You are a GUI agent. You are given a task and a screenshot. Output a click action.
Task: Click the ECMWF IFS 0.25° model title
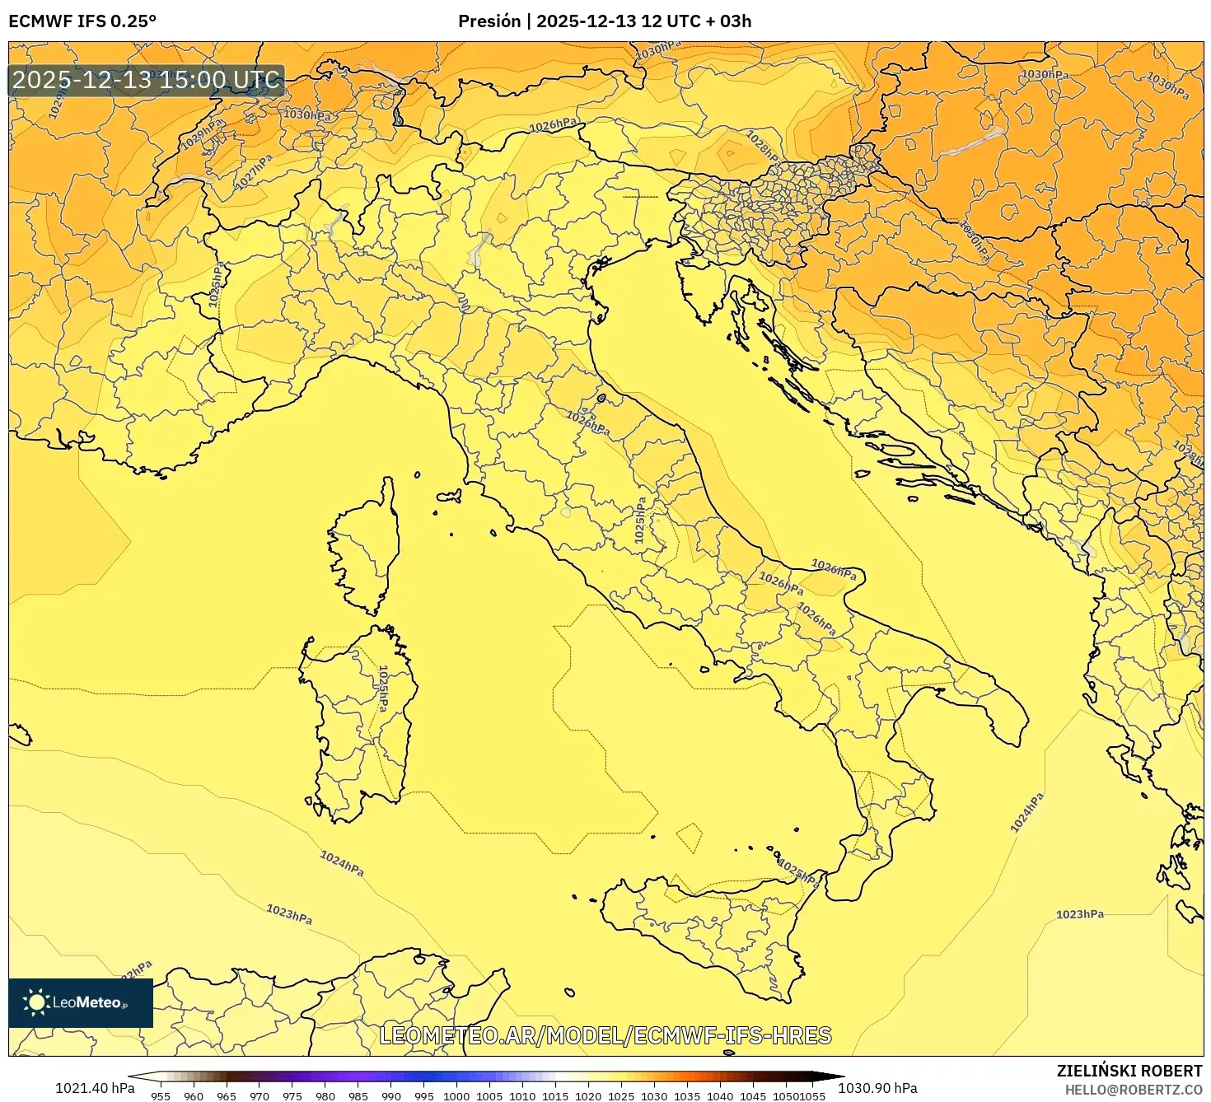(x=82, y=21)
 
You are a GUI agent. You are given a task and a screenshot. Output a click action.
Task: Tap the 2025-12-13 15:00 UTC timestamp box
(x=147, y=81)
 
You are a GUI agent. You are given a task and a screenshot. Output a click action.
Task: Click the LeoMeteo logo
(x=81, y=1002)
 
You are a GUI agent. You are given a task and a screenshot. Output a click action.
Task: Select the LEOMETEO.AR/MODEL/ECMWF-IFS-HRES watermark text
(x=605, y=1035)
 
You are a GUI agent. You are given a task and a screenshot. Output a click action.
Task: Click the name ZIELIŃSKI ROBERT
(x=1129, y=1071)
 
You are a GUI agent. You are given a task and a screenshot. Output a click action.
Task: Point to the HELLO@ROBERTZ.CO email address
(x=1134, y=1090)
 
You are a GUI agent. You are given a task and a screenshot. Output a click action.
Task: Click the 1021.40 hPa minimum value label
(x=95, y=1088)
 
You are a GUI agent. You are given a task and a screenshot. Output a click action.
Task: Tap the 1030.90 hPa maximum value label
(x=877, y=1088)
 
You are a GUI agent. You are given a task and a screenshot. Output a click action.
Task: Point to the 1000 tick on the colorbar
(x=456, y=1095)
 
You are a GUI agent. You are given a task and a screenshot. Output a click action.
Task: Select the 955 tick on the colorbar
(x=161, y=1095)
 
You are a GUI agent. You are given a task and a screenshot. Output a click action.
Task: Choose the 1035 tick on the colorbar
(x=687, y=1095)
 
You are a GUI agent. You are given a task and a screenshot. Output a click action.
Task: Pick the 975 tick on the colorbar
(x=292, y=1095)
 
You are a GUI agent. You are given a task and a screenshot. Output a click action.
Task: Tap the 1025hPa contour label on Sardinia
(x=383, y=689)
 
